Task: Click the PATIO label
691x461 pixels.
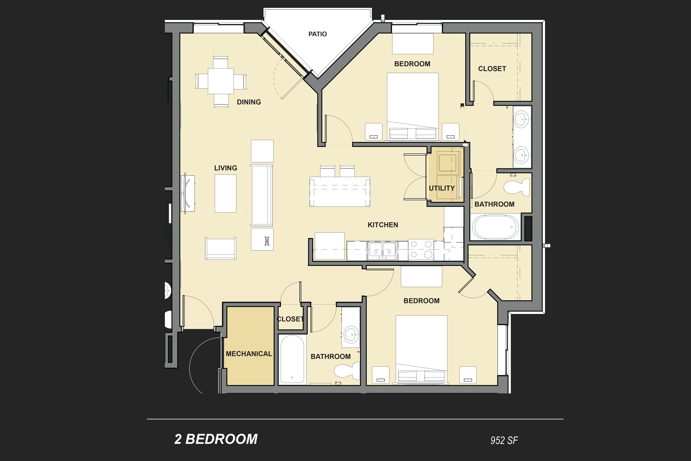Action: [318, 34]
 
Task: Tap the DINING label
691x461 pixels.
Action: [249, 102]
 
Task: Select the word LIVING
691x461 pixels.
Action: [226, 168]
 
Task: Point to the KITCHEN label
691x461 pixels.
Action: [383, 225]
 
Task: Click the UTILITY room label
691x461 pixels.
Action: [442, 188]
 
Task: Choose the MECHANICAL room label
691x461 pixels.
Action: [249, 354]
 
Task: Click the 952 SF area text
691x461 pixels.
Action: [504, 440]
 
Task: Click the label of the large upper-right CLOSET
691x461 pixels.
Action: [492, 69]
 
